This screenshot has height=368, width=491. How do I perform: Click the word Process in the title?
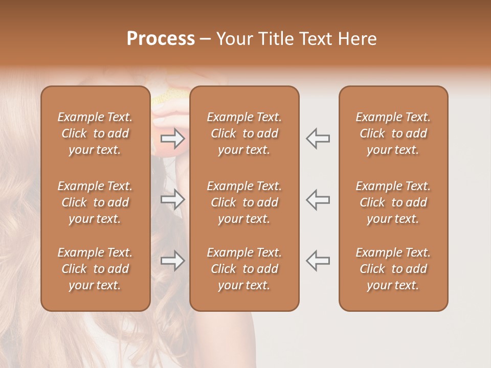pos(161,39)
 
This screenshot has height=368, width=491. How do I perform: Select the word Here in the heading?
pos(358,39)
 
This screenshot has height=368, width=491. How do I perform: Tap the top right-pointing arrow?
pos(172,138)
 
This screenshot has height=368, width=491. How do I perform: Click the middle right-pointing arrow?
pos(172,199)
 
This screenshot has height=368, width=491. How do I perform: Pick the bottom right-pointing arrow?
pos(172,260)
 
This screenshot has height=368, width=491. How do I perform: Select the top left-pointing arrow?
pos(318,138)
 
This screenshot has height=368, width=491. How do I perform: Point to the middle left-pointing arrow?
pos(318,199)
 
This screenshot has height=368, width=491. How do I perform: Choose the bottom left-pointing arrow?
pos(318,260)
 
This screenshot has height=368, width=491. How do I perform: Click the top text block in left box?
pos(95,133)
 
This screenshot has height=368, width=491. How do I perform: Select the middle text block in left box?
pos(95,202)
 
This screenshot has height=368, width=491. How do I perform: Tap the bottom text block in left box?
pos(95,269)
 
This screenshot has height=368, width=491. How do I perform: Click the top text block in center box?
pos(244,133)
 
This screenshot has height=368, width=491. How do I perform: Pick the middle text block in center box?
pos(244,202)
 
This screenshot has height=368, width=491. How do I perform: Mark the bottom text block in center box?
pos(244,269)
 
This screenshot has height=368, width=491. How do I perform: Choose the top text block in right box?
pos(393,133)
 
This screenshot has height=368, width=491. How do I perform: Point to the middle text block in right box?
pos(393,202)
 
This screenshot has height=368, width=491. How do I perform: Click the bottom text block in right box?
pos(393,269)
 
